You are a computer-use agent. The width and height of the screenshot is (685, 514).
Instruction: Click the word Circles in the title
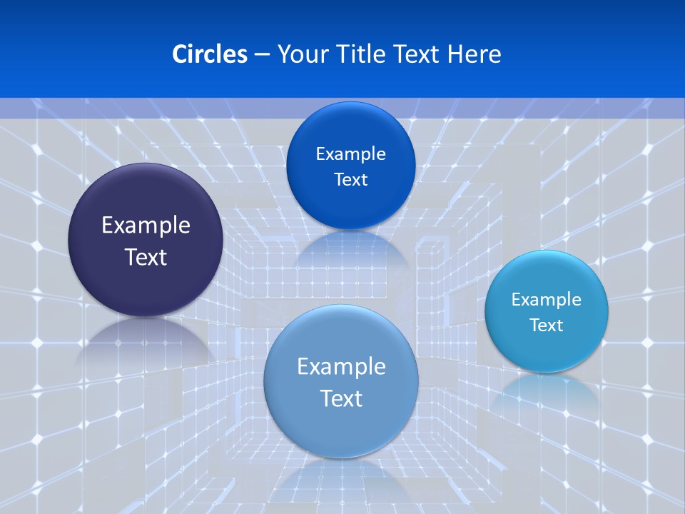209,54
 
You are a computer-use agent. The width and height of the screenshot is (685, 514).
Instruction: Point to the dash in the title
261,55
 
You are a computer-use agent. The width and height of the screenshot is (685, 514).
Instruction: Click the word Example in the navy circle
146,226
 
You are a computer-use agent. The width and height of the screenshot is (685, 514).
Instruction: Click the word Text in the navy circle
146,257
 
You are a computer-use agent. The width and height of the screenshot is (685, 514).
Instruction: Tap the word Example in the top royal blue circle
350,154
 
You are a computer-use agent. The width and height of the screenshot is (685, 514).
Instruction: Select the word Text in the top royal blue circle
350,179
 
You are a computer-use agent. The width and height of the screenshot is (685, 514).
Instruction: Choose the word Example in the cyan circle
547,300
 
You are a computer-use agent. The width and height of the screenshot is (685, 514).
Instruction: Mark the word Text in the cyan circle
547,326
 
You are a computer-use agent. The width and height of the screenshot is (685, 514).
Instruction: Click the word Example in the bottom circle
341,367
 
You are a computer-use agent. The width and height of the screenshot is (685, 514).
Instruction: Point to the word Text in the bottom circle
341,398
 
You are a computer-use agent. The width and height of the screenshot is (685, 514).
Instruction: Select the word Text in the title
417,54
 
